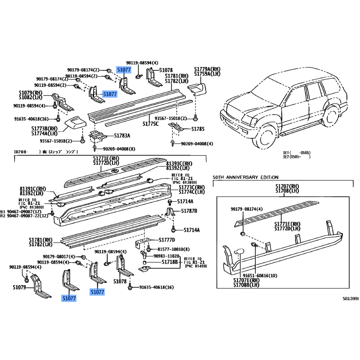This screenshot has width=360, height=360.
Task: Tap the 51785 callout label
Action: tap(197, 129)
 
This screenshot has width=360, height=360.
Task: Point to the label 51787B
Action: tap(189, 211)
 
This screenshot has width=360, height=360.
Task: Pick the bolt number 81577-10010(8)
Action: tap(174, 249)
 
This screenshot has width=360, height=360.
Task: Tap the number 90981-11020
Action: tap(166, 256)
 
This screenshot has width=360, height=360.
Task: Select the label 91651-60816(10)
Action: tap(261, 275)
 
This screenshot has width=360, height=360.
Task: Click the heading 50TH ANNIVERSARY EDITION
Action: tap(246, 177)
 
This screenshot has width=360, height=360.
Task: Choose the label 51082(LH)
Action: tap(31, 98)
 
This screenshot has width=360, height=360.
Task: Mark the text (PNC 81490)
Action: tap(197, 266)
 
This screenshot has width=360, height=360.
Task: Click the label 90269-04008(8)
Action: tap(120, 148)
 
